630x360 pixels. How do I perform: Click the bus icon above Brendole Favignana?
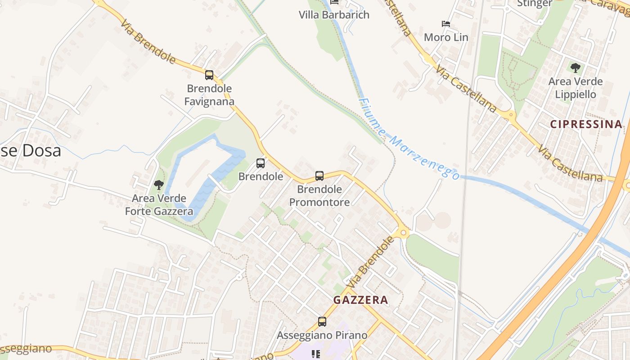click(209, 75)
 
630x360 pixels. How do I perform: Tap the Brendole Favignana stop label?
click(210, 95)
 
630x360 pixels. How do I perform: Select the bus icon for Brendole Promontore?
click(319, 176)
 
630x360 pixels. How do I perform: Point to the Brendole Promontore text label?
click(319, 196)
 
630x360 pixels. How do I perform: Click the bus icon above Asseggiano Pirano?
click(322, 322)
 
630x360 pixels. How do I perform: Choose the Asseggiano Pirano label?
click(322, 336)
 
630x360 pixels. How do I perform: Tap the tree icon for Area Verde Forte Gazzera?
click(158, 184)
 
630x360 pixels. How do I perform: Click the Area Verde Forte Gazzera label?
click(159, 205)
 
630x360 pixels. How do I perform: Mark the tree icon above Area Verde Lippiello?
click(575, 68)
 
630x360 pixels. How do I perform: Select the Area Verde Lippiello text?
click(575, 88)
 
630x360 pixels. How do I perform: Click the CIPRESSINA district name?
click(586, 124)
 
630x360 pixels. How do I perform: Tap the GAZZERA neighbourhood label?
click(360, 300)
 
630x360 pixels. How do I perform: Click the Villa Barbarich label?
click(334, 15)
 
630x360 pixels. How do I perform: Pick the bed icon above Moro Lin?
click(446, 24)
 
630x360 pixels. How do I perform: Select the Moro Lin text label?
click(446, 37)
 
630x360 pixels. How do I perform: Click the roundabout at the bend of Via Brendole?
click(403, 233)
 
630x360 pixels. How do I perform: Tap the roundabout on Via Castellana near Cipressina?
click(511, 115)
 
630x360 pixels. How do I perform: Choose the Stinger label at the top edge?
click(535, 4)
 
